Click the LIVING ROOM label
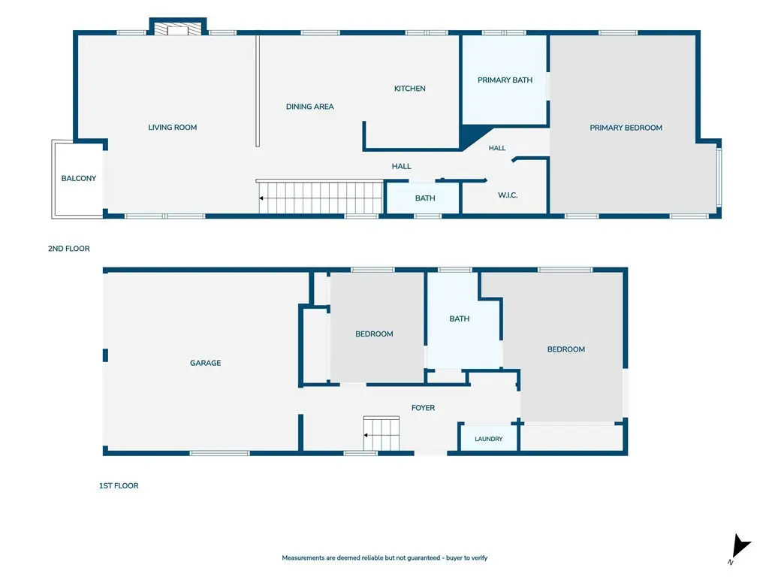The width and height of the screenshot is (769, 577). pos(173,128)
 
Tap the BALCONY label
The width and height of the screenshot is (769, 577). pos(78,178)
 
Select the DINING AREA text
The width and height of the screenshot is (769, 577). pos(310,107)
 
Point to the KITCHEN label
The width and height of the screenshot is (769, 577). pos(409,89)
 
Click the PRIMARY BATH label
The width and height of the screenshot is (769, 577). pos(505,80)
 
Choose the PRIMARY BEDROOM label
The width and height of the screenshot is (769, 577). pos(626,128)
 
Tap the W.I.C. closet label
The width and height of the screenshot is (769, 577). pos(508,195)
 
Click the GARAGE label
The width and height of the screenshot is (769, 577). pos(206,363)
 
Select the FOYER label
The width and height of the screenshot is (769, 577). pos(424,408)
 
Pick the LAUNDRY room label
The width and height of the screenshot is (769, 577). pos(488,439)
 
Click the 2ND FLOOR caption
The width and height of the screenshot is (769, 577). pos(68,249)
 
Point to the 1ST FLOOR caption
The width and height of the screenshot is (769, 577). pos(119,486)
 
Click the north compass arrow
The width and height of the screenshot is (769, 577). pos(740,548)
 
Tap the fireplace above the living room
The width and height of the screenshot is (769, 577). pos(177,27)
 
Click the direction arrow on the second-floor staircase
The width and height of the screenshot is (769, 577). pos(262,198)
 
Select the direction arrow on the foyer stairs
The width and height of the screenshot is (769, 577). pos(366,435)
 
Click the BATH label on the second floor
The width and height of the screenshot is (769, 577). pos(425,198)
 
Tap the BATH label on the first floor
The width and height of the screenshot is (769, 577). pos(460,319)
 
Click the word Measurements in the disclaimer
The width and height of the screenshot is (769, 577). pos(303,558)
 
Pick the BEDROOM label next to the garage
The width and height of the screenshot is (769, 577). pos(374,334)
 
